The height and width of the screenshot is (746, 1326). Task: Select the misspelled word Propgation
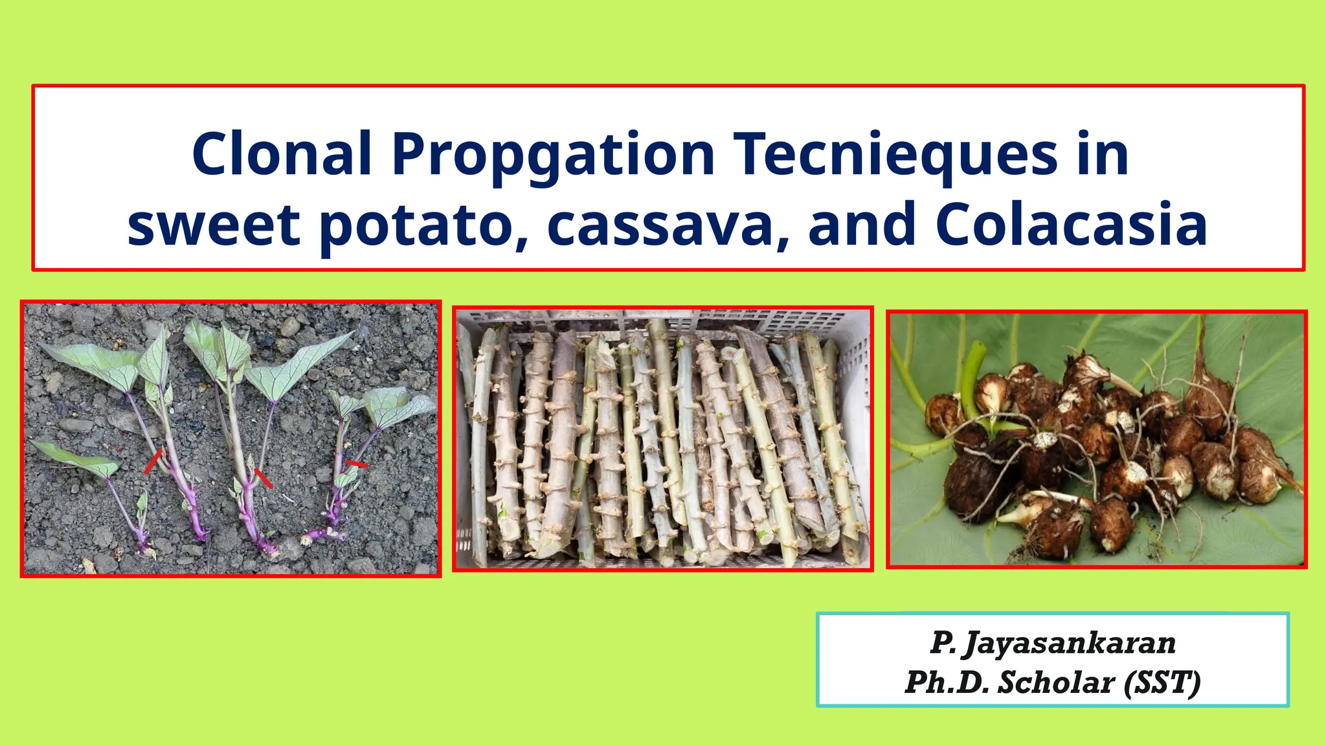[x=553, y=155]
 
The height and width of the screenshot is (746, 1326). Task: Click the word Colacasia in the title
[x=1071, y=224]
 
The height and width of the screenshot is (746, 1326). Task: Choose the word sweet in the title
[x=214, y=224]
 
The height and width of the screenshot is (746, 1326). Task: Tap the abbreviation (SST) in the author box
[x=1162, y=683]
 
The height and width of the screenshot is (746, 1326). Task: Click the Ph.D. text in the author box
[x=947, y=683]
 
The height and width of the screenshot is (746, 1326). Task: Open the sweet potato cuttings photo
[x=231, y=438]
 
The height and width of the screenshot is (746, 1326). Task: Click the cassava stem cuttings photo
[x=662, y=438]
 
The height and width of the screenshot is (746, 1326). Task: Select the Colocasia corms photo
[x=1096, y=440]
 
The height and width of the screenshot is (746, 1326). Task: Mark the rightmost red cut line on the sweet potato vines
[x=356, y=464]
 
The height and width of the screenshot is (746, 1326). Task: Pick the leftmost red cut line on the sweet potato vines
[x=153, y=462]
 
